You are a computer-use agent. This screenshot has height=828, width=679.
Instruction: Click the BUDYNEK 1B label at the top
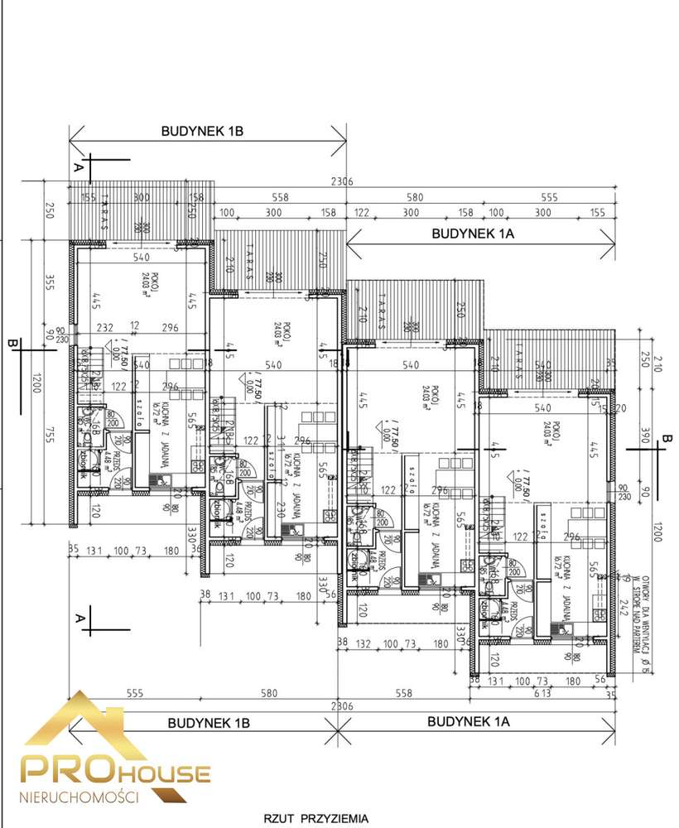coord(202,131)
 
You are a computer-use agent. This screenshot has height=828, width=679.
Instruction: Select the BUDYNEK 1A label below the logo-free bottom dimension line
coord(469,721)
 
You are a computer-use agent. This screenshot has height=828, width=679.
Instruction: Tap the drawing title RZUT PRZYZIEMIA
coord(316,818)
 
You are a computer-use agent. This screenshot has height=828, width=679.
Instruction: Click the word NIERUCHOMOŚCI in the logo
coord(78,796)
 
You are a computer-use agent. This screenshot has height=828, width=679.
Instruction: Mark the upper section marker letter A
coord(79,166)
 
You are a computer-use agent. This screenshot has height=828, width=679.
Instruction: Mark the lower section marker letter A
coord(79,618)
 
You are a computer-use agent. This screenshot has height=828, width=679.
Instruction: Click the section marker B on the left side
coord(12,341)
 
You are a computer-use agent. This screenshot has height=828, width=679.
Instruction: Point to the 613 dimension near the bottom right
coord(565,693)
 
